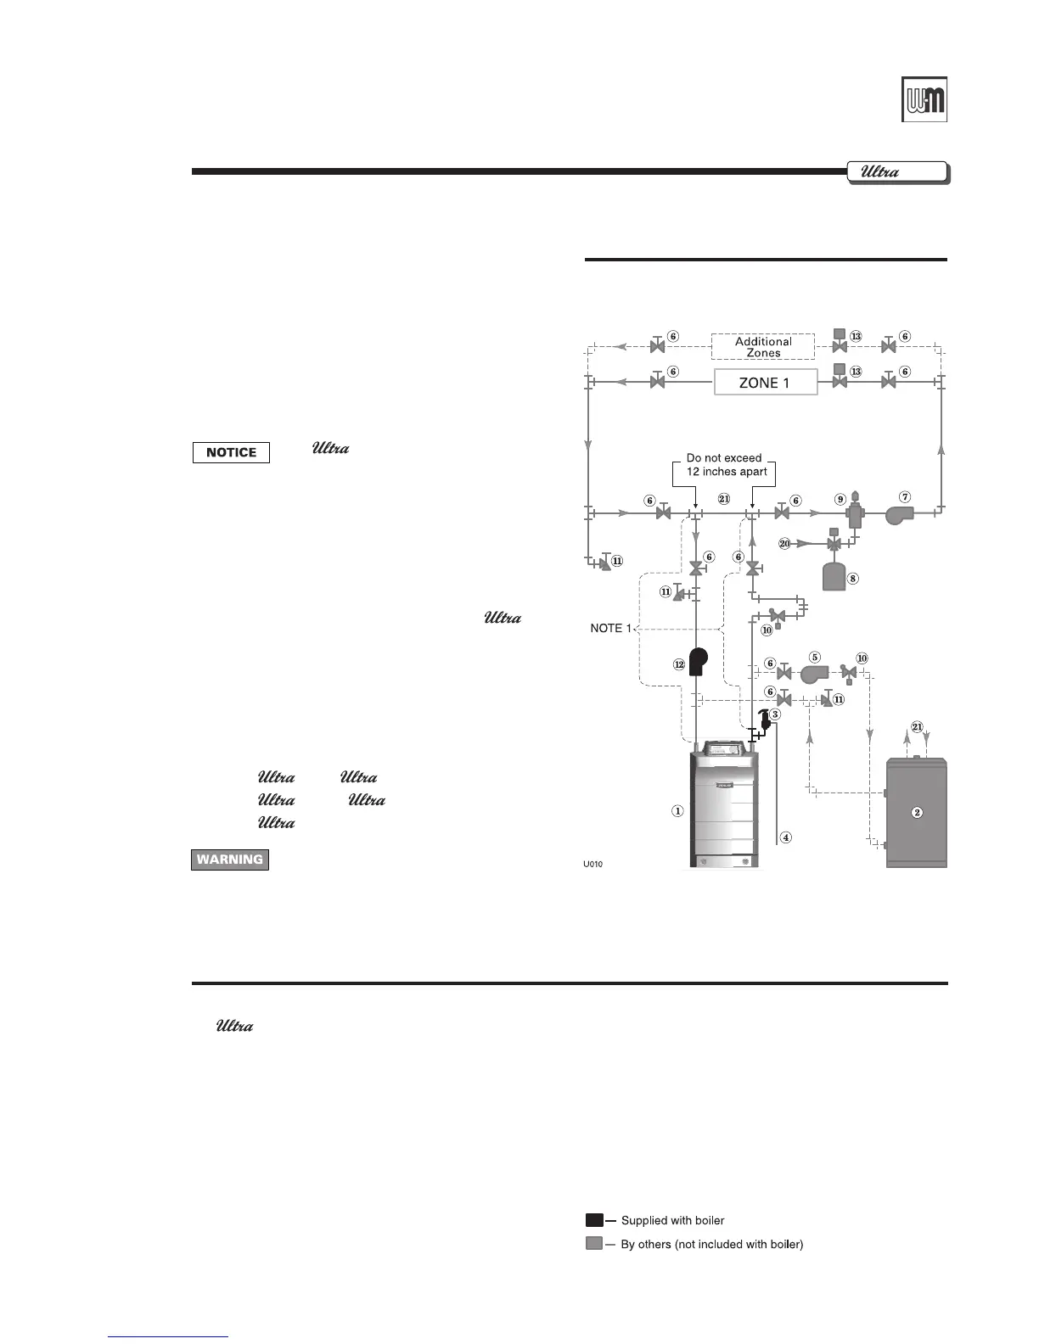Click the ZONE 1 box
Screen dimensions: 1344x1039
tap(765, 383)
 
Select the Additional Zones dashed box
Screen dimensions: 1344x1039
tap(763, 347)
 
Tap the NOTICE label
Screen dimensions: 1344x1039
tap(231, 452)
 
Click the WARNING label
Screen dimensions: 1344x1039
tap(230, 860)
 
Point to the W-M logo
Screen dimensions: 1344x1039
tap(924, 99)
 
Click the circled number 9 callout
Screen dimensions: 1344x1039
tap(840, 499)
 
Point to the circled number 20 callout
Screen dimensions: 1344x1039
tap(784, 543)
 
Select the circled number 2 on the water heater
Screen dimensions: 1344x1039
tap(917, 812)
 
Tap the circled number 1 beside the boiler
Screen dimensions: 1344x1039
tap(677, 811)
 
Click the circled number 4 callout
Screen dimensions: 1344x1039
tap(786, 837)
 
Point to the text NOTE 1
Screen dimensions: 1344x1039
tap(611, 629)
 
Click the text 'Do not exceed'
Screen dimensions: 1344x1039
tap(724, 458)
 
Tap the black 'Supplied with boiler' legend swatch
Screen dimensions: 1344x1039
tap(594, 1220)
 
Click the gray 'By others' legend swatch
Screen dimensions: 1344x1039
tap(594, 1244)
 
